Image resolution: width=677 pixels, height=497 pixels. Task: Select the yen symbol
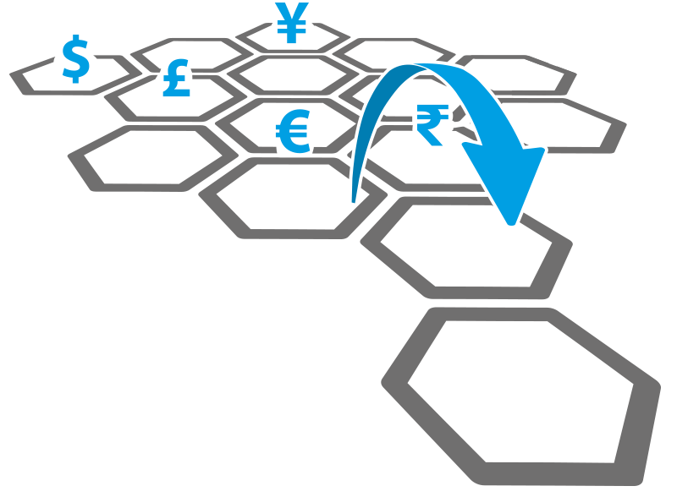point(292,23)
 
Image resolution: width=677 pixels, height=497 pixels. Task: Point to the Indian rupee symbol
point(431,124)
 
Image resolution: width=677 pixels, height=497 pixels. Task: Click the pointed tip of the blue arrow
point(510,224)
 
